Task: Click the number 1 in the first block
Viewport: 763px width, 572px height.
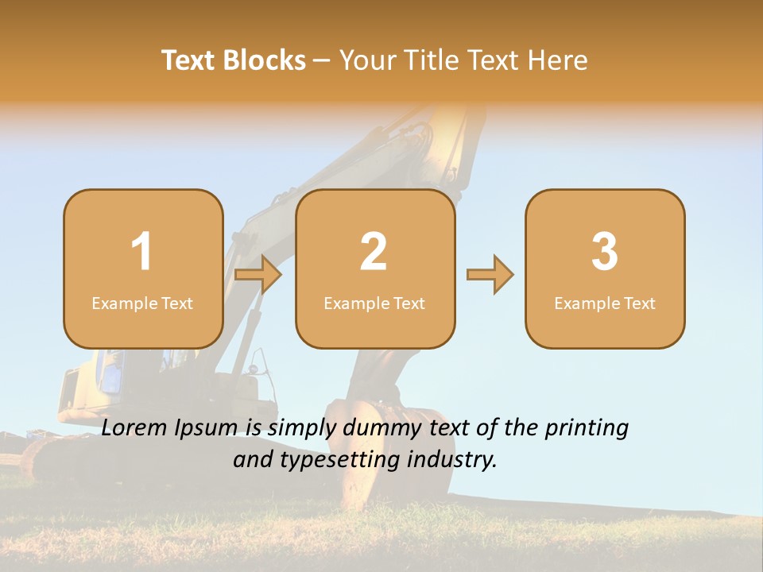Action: tap(142, 252)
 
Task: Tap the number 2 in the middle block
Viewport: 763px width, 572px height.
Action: tap(374, 252)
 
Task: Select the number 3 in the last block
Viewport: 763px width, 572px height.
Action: tap(605, 252)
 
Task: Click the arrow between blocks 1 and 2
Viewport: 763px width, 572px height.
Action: tap(259, 276)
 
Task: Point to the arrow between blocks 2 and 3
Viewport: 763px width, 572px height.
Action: tap(490, 275)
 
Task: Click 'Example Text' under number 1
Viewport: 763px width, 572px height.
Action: tap(142, 303)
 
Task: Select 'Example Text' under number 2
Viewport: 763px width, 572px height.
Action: tap(374, 303)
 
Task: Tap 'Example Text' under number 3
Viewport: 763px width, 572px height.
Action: tap(605, 303)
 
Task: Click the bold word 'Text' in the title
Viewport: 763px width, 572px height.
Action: tap(188, 60)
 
